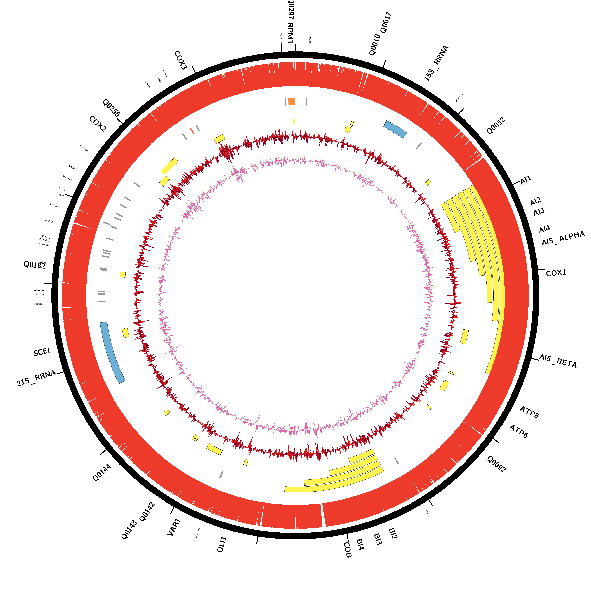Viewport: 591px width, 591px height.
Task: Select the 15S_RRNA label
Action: pos(436,63)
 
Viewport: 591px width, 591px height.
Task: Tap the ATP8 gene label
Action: pos(529,412)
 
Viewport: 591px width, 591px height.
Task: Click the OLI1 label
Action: pos(222,545)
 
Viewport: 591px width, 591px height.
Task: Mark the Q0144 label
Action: pos(102,473)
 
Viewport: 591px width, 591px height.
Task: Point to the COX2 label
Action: pos(98,124)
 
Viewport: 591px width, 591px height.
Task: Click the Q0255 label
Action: pos(111,108)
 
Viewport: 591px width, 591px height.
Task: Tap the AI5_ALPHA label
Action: pos(563,238)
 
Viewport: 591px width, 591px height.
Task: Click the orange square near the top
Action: pos(292,102)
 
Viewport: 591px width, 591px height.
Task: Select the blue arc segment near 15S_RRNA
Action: pos(395,129)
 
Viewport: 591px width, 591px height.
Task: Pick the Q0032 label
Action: pos(496,126)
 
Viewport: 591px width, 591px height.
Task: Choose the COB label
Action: pos(348,550)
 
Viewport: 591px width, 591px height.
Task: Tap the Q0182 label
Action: pos(34,265)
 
